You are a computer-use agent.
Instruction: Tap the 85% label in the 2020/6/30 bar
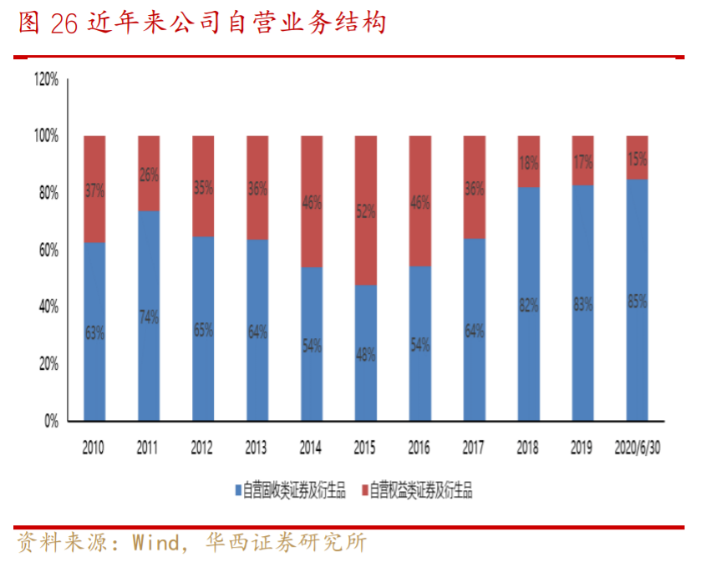pyautogui.click(x=637, y=302)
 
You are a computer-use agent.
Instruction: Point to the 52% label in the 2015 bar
pyautogui.click(x=365, y=212)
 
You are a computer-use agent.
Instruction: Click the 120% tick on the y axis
pyautogui.click(x=45, y=79)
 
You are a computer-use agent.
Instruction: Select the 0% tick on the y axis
pyautogui.click(x=51, y=421)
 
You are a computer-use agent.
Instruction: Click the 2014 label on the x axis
pyautogui.click(x=311, y=449)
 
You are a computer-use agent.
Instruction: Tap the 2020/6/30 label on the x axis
pyautogui.click(x=637, y=449)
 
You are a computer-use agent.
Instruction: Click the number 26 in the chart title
pyautogui.click(x=63, y=23)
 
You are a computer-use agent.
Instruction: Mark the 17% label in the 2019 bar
pyautogui.click(x=582, y=160)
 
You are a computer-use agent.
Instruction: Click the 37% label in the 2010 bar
pyautogui.click(x=94, y=190)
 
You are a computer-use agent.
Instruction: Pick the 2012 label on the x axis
pyautogui.click(x=202, y=449)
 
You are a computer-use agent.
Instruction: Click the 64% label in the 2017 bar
pyautogui.click(x=474, y=331)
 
